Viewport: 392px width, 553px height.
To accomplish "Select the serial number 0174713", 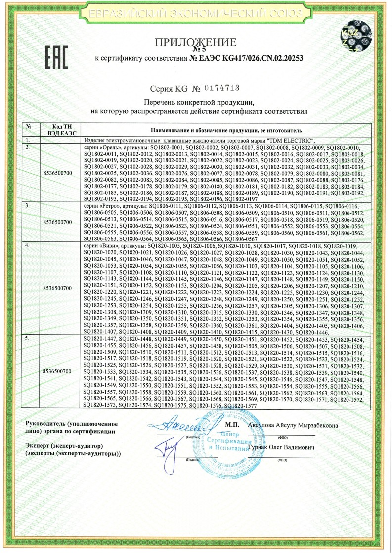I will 222,88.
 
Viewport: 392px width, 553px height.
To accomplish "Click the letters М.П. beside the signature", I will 232,425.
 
